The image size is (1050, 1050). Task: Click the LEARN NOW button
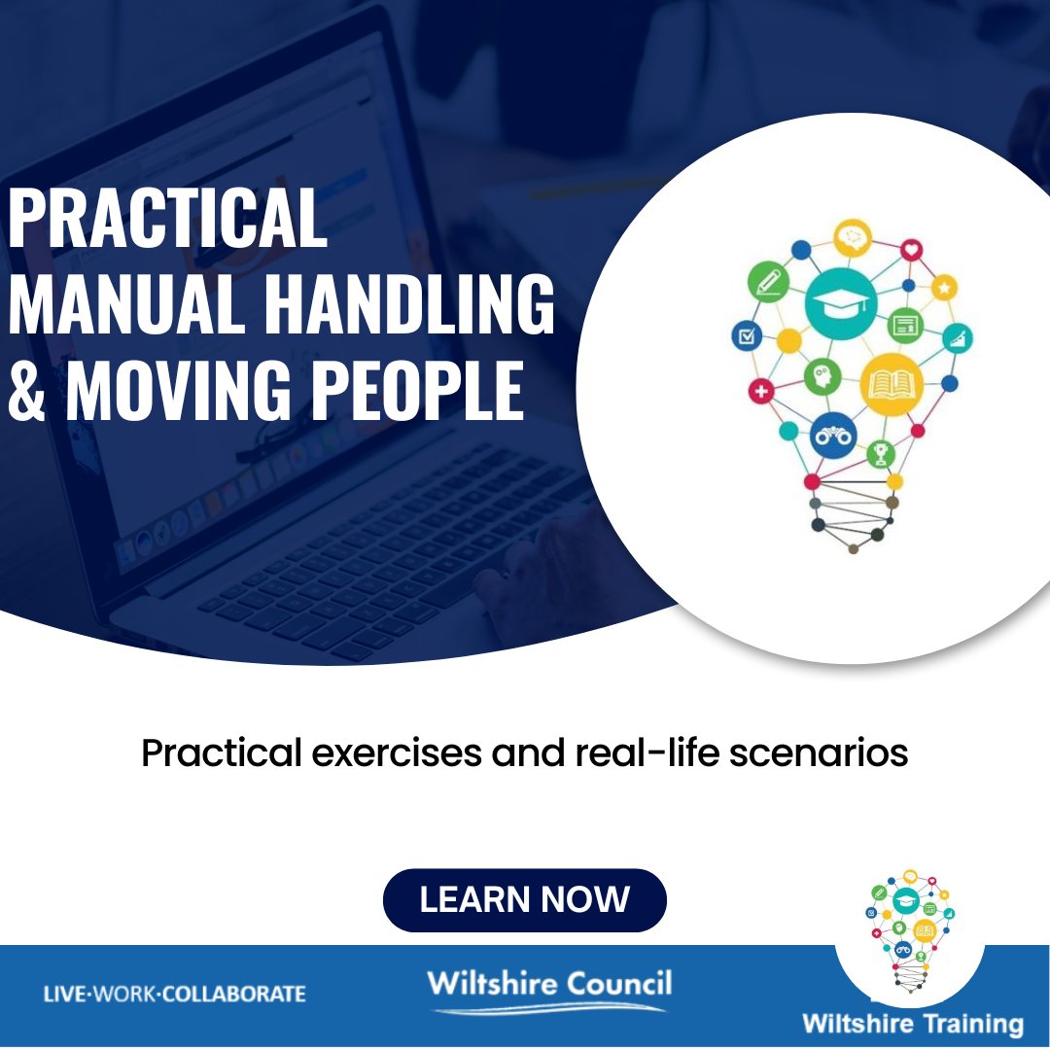click(x=524, y=899)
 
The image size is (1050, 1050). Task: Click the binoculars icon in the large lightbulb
click(x=833, y=436)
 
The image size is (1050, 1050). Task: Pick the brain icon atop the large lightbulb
click(x=853, y=236)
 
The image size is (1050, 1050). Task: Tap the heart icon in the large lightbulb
click(x=911, y=250)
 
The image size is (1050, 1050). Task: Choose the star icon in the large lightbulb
click(x=943, y=287)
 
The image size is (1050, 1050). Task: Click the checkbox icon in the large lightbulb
click(x=746, y=336)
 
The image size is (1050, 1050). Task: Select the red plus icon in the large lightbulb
click(x=760, y=392)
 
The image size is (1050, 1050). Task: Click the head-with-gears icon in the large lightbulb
click(x=822, y=375)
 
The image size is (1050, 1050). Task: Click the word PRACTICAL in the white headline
click(x=167, y=220)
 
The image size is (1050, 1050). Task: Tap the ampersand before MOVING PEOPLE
click(x=26, y=390)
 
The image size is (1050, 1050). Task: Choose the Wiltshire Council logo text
click(x=548, y=984)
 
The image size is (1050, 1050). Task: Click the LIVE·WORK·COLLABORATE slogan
click(x=175, y=994)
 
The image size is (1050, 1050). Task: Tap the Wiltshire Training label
click(x=912, y=1024)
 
